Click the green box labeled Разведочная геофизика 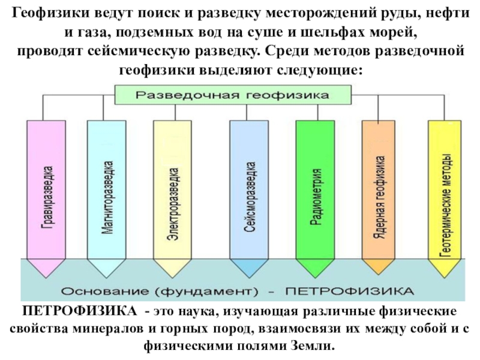pyautogui.click(x=232, y=95)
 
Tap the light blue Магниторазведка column pyautogui.click(x=107, y=192)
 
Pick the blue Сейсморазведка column pyautogui.click(x=249, y=192)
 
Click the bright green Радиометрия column pyautogui.click(x=315, y=192)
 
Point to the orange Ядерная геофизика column pyautogui.click(x=380, y=192)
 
